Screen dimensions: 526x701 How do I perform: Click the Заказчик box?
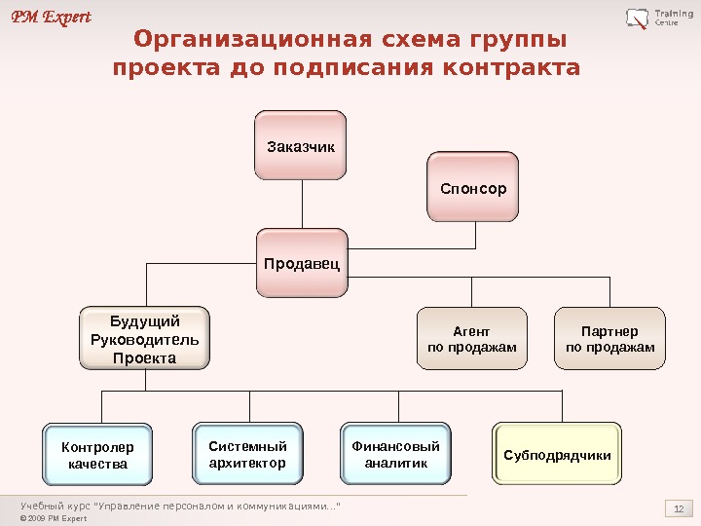(301, 146)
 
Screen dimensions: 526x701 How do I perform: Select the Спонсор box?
(473, 187)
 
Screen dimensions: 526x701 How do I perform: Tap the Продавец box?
(303, 262)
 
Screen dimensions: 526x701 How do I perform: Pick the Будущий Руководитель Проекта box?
(144, 339)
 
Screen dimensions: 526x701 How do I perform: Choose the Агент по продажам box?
(472, 339)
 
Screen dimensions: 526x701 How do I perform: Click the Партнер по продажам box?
(609, 339)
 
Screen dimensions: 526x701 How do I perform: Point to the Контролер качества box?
(97, 454)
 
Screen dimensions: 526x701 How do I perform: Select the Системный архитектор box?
(247, 454)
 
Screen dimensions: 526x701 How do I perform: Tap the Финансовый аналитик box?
(395, 454)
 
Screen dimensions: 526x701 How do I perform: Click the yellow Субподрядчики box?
(557, 454)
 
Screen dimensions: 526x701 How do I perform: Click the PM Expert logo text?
(52, 17)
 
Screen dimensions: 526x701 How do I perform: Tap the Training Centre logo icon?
(638, 18)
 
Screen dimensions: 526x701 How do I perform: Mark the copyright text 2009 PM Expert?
(54, 518)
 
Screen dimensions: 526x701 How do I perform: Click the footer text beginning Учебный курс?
(181, 505)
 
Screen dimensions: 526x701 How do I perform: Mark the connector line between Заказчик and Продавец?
(302, 205)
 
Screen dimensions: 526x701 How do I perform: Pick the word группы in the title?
(515, 41)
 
